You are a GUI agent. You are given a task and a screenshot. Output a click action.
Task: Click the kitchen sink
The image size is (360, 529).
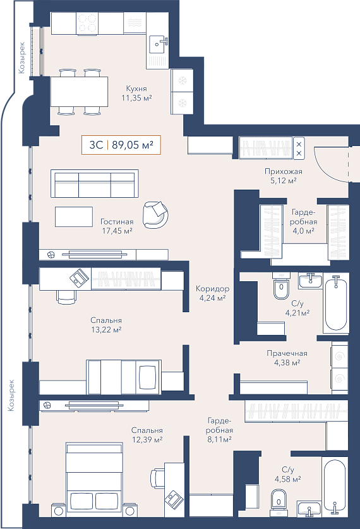click(158, 44)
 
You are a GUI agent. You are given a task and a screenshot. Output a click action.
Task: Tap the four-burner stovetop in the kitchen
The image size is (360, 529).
click(88, 23)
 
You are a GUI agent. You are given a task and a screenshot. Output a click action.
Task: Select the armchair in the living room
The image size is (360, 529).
click(155, 214)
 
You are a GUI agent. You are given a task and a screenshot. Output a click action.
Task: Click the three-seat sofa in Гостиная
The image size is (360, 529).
click(95, 183)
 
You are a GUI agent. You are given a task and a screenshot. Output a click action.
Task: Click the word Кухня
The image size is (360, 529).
click(136, 88)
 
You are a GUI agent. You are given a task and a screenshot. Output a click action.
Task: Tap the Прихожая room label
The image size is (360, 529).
click(284, 171)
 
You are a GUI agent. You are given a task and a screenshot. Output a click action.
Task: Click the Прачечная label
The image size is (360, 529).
click(287, 353)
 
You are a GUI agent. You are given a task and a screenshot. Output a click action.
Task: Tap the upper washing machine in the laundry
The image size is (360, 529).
click(339, 356)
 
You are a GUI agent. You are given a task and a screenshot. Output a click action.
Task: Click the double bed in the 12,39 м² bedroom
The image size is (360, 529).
click(94, 475)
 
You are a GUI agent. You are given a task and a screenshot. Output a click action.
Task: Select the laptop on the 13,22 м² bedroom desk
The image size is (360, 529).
click(80, 277)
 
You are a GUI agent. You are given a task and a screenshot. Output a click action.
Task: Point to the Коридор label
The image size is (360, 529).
click(212, 289)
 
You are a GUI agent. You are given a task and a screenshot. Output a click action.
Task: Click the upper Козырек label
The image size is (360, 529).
click(22, 58)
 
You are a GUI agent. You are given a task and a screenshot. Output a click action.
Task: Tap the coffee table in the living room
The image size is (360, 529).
click(74, 217)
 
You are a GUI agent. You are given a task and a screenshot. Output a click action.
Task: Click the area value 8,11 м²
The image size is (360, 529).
click(219, 439)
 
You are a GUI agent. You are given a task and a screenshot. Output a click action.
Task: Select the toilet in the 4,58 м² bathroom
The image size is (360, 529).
click(279, 499)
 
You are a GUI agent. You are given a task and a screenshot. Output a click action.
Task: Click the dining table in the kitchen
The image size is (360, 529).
click(79, 92)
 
